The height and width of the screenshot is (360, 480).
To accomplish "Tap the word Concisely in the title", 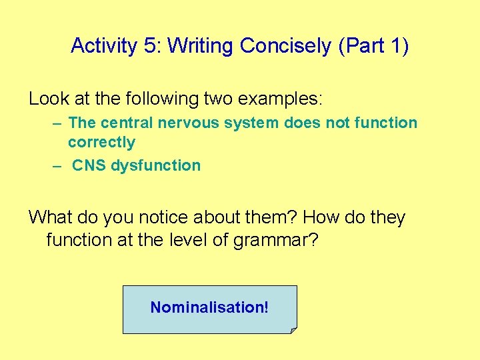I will tap(286, 46).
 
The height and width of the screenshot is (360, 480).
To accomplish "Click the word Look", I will tap(49, 99).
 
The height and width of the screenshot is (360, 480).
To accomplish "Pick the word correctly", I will tap(101, 143).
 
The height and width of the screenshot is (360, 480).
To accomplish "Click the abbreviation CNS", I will tap(89, 166).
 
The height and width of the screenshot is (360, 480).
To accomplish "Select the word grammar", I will tap(276, 239).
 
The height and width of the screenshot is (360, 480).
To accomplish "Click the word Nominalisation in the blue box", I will tap(207, 308).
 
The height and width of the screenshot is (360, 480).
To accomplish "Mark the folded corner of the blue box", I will tap(293, 330).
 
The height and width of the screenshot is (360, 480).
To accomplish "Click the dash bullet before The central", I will tap(58, 123).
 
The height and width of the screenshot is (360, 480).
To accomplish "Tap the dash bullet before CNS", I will tap(58, 166).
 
